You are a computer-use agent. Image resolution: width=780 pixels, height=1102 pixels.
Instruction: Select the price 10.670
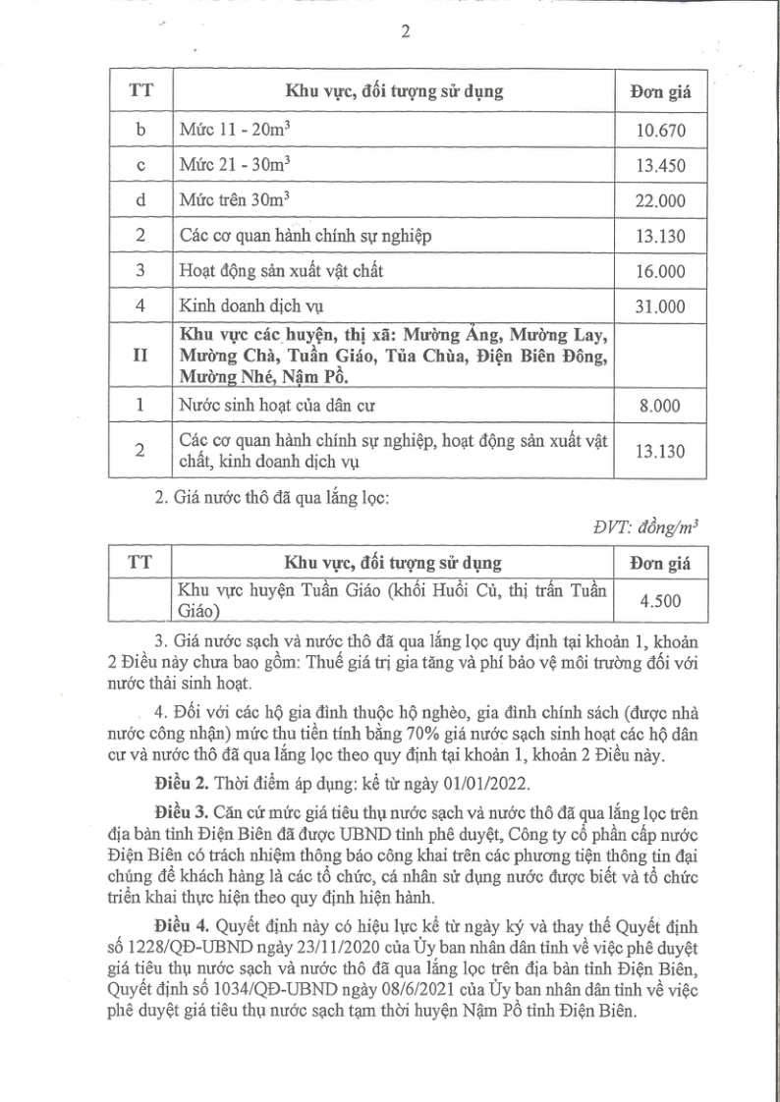coord(659,130)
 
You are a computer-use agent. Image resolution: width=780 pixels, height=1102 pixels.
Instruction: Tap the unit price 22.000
coord(659,200)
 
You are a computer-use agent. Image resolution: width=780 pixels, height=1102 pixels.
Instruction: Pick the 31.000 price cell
coord(659,306)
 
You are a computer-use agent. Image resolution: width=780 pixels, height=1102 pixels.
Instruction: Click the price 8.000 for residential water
coord(659,407)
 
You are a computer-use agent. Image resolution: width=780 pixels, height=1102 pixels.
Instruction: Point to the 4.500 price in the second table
coord(659,600)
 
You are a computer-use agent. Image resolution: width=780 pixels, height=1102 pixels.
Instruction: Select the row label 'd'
coord(139,200)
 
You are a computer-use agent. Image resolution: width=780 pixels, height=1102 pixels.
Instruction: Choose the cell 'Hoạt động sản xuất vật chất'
coord(278,271)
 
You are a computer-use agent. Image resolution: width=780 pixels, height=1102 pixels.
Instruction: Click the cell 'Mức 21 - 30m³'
coord(232,165)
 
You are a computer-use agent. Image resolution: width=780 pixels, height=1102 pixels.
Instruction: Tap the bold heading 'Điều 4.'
coord(181,926)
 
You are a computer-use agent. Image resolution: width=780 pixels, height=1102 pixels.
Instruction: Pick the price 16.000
coord(659,271)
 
